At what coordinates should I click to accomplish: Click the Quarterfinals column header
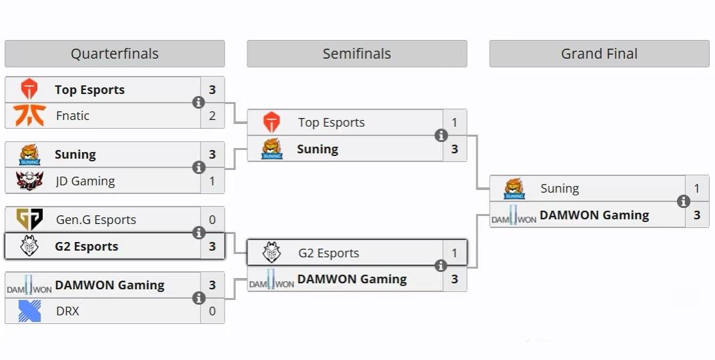pos(115,54)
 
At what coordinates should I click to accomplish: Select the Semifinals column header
pos(357,54)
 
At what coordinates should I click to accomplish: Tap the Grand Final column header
pos(599,54)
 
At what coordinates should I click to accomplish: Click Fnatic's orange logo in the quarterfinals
pos(30,115)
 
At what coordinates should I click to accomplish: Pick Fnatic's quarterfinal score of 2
pos(212,115)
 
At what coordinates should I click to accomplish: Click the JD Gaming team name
pos(85,181)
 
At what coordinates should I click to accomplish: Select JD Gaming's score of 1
pos(212,181)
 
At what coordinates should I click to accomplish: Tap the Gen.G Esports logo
pos(30,219)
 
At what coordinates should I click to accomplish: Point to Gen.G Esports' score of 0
pos(212,219)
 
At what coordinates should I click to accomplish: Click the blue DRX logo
pos(30,311)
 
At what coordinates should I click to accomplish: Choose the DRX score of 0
pos(212,311)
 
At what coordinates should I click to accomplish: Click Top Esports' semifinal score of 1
pos(454,123)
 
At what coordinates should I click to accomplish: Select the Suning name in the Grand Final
pos(560,189)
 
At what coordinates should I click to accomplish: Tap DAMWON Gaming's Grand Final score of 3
pos(697,215)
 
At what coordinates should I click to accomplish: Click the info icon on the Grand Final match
pos(683,201)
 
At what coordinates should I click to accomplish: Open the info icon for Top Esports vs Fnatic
pos(198,103)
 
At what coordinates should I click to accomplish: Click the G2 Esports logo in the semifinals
pos(271,253)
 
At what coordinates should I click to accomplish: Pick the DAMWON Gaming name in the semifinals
pos(351,279)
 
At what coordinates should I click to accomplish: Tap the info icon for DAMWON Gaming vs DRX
pos(198,298)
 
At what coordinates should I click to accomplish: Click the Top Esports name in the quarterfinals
pos(89,89)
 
